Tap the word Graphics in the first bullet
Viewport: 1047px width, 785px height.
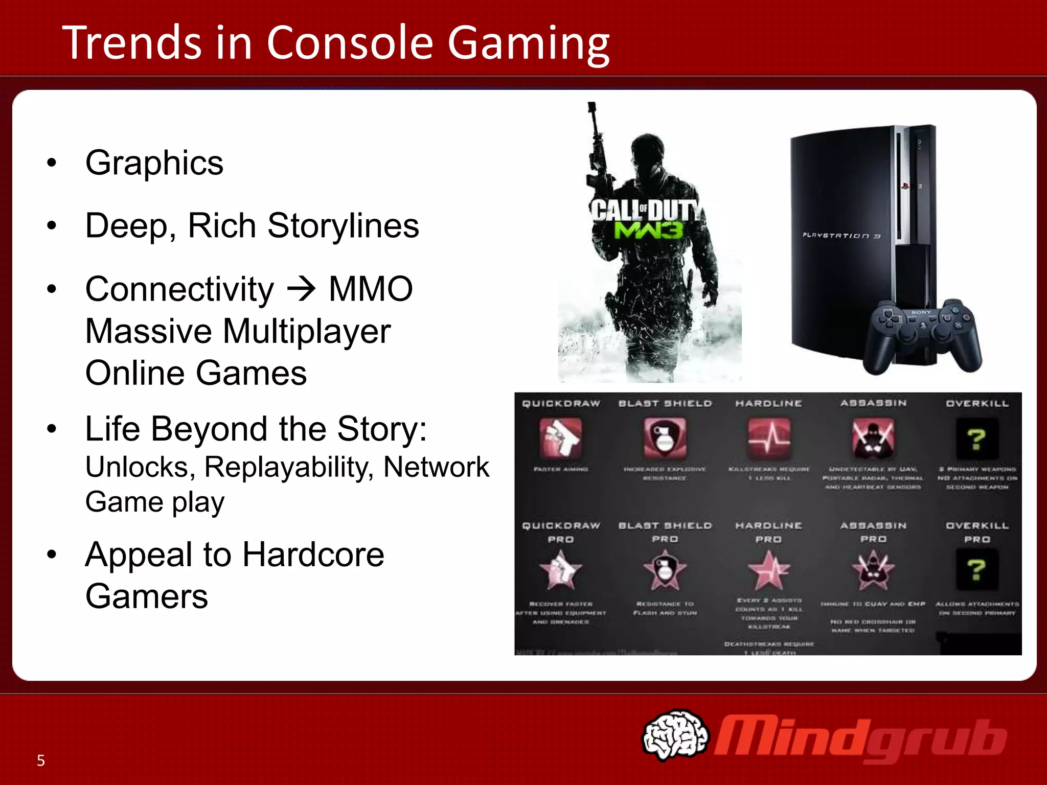point(154,163)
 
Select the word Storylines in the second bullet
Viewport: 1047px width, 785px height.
point(343,226)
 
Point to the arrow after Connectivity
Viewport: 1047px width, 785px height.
point(302,289)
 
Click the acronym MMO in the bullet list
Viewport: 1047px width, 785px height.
point(371,289)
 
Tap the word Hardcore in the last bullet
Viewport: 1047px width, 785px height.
point(313,555)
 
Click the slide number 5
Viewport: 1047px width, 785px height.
point(41,760)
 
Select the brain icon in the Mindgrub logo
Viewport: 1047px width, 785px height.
point(675,734)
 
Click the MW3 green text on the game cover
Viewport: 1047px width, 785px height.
point(648,230)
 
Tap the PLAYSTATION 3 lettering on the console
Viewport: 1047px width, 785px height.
point(841,236)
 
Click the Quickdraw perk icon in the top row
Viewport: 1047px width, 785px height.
point(560,437)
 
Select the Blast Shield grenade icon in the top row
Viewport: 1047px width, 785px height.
point(665,437)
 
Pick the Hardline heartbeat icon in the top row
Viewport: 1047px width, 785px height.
point(769,437)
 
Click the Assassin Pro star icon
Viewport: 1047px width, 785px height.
point(873,570)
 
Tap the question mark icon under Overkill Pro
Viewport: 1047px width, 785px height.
point(976,570)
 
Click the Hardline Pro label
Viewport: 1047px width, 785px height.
point(768,532)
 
